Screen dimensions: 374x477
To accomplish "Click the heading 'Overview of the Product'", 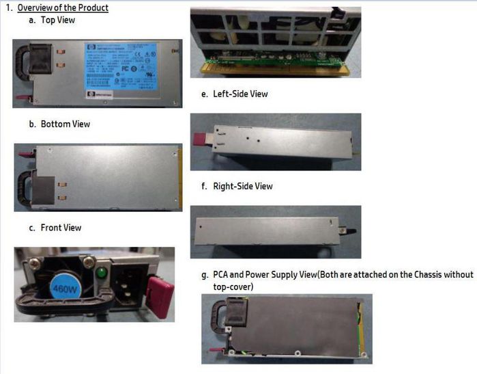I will pos(63,8).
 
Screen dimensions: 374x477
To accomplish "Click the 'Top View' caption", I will pos(58,20).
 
